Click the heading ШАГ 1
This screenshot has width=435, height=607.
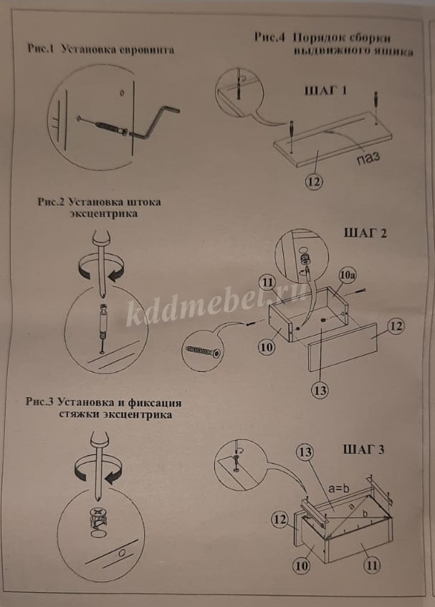click(326, 91)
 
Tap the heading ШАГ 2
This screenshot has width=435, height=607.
click(365, 233)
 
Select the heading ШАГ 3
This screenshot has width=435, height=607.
click(363, 449)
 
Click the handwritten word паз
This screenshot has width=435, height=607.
click(368, 158)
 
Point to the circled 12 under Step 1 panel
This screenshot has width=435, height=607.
click(314, 181)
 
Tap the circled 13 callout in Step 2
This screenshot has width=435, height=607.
click(320, 390)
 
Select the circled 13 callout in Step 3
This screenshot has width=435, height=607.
click(305, 451)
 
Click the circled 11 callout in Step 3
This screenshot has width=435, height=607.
click(371, 565)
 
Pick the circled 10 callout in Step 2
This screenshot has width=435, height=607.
click(267, 348)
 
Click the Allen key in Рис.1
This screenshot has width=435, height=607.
click(154, 123)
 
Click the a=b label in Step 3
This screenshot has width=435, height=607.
click(338, 489)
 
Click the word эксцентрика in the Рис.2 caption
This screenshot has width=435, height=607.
click(104, 214)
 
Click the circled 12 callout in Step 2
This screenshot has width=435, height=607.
click(396, 326)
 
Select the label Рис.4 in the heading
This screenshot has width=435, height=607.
click(269, 37)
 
